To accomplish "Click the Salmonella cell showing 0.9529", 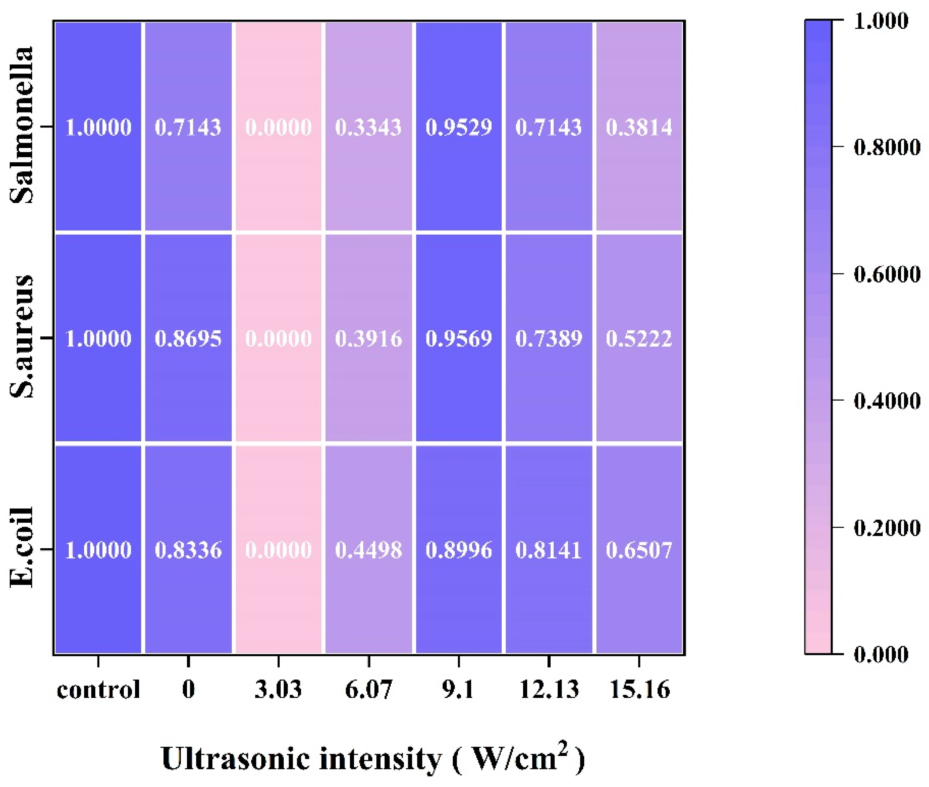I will coord(459,127).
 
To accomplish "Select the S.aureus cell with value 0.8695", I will coord(188,339).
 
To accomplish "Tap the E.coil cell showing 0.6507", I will coord(639,550).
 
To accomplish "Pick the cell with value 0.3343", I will coord(368,127).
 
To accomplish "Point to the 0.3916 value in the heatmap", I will coord(368,339).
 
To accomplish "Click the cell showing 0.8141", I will coord(549,550).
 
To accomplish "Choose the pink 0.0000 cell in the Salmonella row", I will coord(279,127).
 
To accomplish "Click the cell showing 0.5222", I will coord(639,339).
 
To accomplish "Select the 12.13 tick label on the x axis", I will coord(549,690).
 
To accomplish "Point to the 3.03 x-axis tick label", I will coord(279,690).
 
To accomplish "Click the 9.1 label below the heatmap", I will coord(458,690).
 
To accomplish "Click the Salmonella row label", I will coord(21,125).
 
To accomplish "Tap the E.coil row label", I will coord(21,548).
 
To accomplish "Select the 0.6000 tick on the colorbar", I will coord(887,274).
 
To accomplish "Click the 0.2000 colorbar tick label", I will coord(887,528).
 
